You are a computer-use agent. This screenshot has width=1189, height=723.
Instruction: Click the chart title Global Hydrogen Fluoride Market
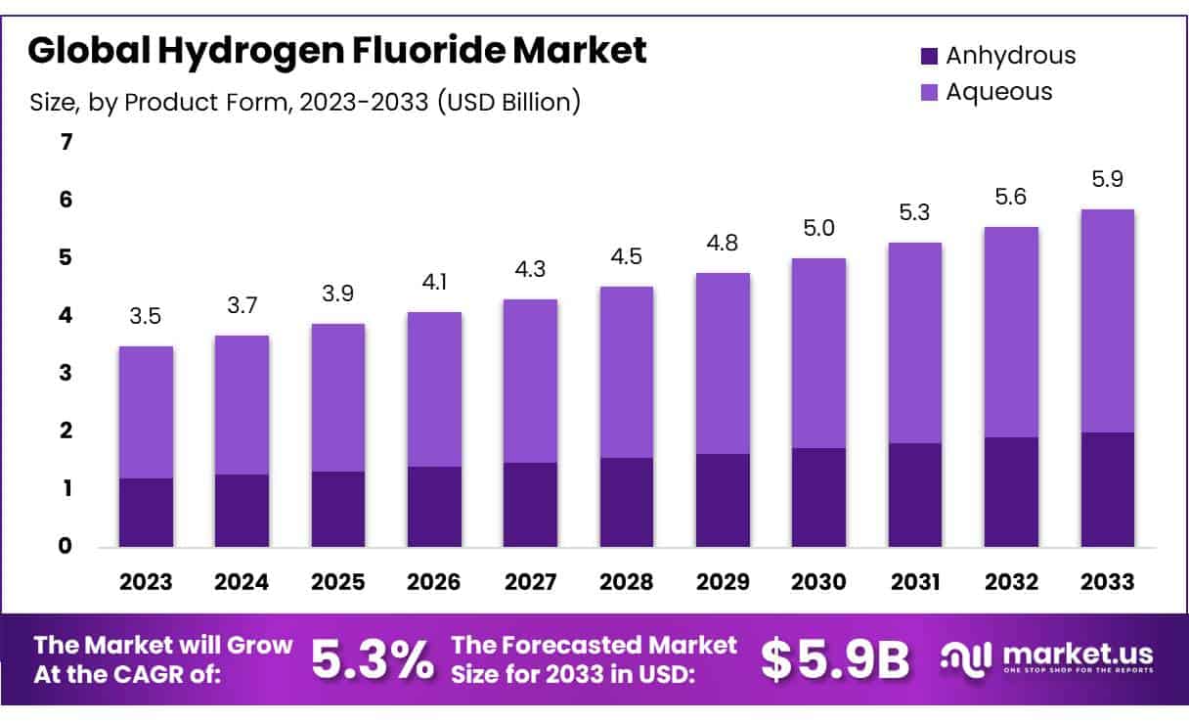coord(336,50)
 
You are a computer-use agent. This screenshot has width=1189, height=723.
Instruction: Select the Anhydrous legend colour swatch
coord(930,56)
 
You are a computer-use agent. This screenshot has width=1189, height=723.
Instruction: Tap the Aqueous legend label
coord(998,91)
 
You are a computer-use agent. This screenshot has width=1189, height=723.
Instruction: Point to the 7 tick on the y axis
coord(66,143)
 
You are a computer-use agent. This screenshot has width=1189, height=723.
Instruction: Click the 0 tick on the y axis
coord(66,546)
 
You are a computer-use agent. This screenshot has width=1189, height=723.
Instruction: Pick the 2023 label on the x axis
coord(146,582)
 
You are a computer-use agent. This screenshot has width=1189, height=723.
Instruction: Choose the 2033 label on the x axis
coord(1108,582)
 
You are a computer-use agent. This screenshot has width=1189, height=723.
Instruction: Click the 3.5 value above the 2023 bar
coord(146,316)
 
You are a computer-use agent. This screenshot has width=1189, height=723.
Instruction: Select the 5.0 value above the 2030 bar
coord(818,228)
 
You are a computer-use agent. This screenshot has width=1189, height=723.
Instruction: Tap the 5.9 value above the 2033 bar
coord(1108,179)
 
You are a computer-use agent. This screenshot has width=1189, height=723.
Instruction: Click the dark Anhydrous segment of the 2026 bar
coord(434,506)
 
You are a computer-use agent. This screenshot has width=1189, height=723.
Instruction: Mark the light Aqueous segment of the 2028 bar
coord(626,372)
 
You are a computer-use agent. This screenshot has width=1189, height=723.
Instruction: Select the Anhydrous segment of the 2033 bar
coord(1108,489)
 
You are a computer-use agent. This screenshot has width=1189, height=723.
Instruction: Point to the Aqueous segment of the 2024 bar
coord(242,405)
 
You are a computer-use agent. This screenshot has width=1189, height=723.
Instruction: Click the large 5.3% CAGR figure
coord(372,660)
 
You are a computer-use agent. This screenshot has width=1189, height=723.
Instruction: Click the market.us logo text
coord(1077,654)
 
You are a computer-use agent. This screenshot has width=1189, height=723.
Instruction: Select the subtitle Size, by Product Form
coord(305,101)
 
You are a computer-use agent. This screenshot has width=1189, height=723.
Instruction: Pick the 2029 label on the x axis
coord(723,582)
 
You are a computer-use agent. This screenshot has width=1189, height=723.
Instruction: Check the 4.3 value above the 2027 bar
coord(530,269)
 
